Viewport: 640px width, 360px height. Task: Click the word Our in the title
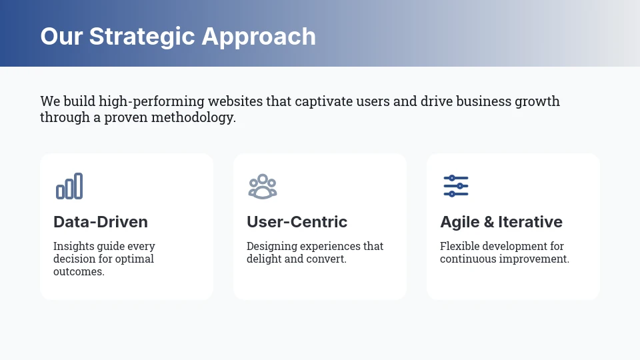click(61, 36)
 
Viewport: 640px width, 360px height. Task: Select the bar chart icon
click(69, 186)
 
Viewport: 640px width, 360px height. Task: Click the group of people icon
click(263, 186)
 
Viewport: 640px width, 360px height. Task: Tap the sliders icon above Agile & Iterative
click(456, 186)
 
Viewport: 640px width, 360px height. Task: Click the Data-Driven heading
click(101, 222)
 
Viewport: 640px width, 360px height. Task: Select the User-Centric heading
click(297, 222)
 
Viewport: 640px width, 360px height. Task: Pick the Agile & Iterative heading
click(501, 222)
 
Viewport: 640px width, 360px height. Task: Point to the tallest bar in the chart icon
click(79, 186)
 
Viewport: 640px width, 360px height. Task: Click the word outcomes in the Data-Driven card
click(78, 272)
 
